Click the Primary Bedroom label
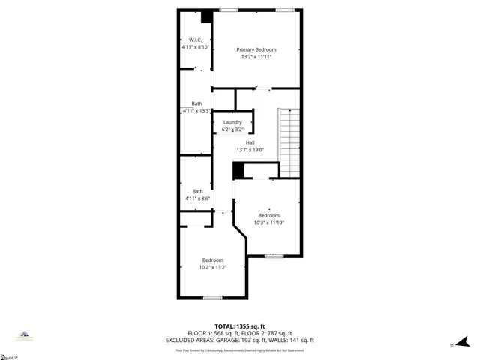pos(256,49)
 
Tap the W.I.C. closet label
pos(196,40)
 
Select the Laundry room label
pos(232,122)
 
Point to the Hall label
pos(250,142)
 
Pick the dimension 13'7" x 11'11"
pos(256,57)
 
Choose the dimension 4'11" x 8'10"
pos(196,47)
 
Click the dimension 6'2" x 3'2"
pos(232,130)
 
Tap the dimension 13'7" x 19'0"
pos(250,149)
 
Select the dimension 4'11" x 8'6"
pos(197,199)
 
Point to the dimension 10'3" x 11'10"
pos(269,222)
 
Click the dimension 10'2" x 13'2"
pos(212,267)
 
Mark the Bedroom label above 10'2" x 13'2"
pos(212,259)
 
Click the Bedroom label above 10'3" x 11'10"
pos(269,214)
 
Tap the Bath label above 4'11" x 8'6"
pos(197,191)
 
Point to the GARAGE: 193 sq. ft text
pos(243,340)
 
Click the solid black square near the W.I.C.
pos(208,16)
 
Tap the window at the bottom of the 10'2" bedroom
pos(213,298)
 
